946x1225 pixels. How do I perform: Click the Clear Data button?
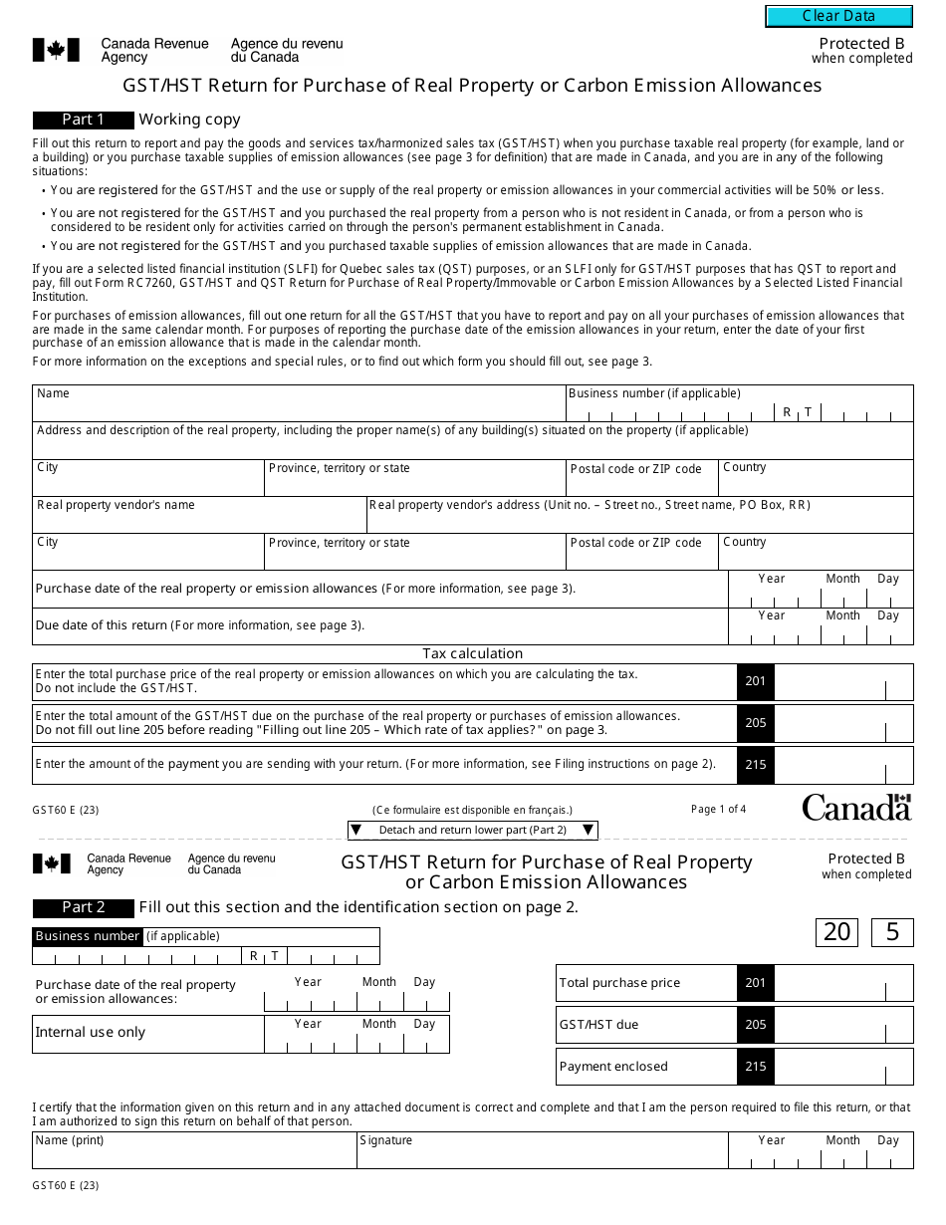(838, 16)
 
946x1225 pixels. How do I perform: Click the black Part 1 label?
(84, 120)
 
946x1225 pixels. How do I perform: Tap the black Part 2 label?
(84, 907)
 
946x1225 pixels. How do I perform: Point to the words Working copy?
(189, 120)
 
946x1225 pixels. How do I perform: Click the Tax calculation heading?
(472, 653)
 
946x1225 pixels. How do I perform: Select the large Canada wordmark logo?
(856, 807)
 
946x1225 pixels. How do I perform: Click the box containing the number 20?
(836, 932)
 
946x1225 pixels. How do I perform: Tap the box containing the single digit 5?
(892, 932)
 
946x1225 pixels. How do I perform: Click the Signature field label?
(386, 1140)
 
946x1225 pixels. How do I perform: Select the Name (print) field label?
(70, 1140)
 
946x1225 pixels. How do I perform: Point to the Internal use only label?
(90, 1033)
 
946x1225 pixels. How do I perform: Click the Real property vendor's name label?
(116, 505)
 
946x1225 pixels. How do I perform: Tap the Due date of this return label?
(200, 625)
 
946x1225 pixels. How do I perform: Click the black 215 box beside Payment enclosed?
(756, 1067)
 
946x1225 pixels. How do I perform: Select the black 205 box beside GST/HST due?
(756, 1025)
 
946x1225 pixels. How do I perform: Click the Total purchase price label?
(619, 983)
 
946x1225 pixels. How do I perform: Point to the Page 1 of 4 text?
(718, 809)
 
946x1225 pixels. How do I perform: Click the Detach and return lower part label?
(472, 830)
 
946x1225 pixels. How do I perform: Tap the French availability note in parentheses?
(472, 810)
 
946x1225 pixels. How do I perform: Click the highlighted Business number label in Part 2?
(88, 936)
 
